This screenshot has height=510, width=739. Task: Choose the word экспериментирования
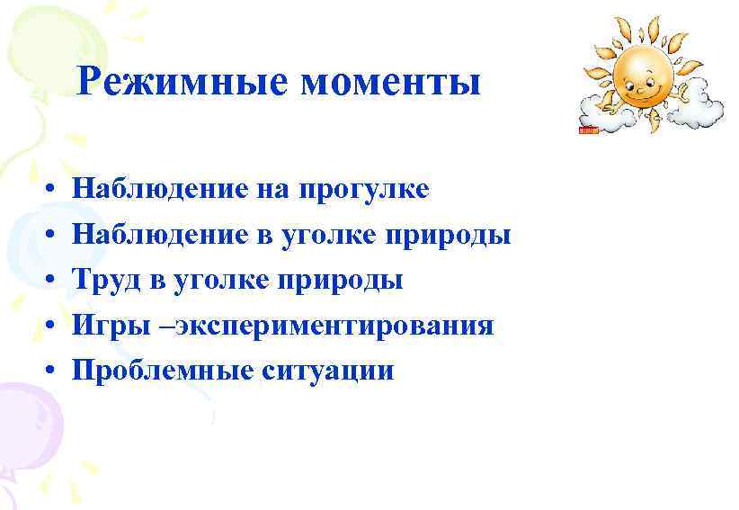pyautogui.click(x=334, y=326)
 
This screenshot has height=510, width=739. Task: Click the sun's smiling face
pyautogui.click(x=639, y=76)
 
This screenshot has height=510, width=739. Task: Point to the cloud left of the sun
pyautogui.click(x=603, y=112)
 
